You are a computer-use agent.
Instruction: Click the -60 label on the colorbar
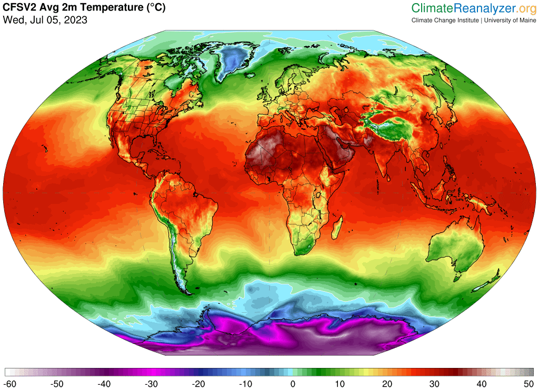tap(10, 384)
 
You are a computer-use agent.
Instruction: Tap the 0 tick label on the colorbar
tap(293, 384)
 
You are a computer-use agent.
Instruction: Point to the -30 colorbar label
tap(151, 384)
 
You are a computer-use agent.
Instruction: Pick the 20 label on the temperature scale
tap(387, 384)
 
